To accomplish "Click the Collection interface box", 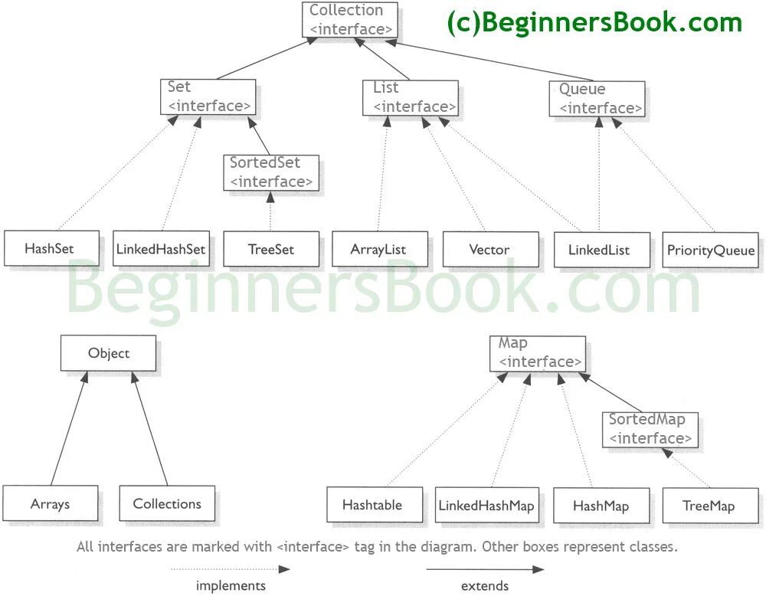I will pyautogui.click(x=350, y=20).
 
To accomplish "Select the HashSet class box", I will pyautogui.click(x=51, y=248).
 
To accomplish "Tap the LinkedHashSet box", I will pyautogui.click(x=161, y=249).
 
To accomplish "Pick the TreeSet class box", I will pyautogui.click(x=271, y=249).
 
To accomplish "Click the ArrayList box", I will pyautogui.click(x=378, y=249).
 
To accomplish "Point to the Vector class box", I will pyautogui.click(x=489, y=249).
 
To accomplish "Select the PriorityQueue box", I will pyautogui.click(x=711, y=250).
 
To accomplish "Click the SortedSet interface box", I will pyautogui.click(x=271, y=172).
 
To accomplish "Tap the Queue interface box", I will pyautogui.click(x=597, y=99).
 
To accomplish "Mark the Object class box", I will pyautogui.click(x=109, y=353).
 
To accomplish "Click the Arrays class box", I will pyautogui.click(x=51, y=504).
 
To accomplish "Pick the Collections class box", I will pyautogui.click(x=167, y=503).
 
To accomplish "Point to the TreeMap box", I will pyautogui.click(x=709, y=506).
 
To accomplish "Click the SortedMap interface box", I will pyautogui.click(x=650, y=429).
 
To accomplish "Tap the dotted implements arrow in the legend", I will pyautogui.click(x=230, y=569).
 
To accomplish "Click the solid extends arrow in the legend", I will pyautogui.click(x=484, y=569).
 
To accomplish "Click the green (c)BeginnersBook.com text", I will pyautogui.click(x=594, y=23).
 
